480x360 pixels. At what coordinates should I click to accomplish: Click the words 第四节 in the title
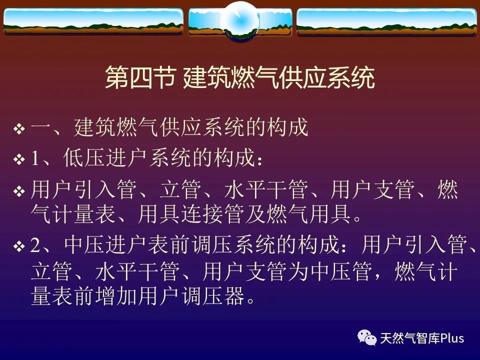point(140,78)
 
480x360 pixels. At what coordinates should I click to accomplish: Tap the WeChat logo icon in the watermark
point(367,337)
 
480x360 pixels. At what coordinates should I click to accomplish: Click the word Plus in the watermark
point(452,338)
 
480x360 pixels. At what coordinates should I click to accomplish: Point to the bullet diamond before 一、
point(19,128)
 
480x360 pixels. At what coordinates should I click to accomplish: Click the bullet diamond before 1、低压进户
point(19,159)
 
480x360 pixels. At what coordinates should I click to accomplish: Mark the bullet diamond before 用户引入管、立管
point(19,191)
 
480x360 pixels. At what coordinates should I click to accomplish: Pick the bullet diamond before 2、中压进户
point(19,246)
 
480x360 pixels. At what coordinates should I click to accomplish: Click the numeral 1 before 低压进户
point(35,158)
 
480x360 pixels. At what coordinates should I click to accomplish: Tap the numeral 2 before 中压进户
point(35,245)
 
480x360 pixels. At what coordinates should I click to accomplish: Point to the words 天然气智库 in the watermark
point(410,338)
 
